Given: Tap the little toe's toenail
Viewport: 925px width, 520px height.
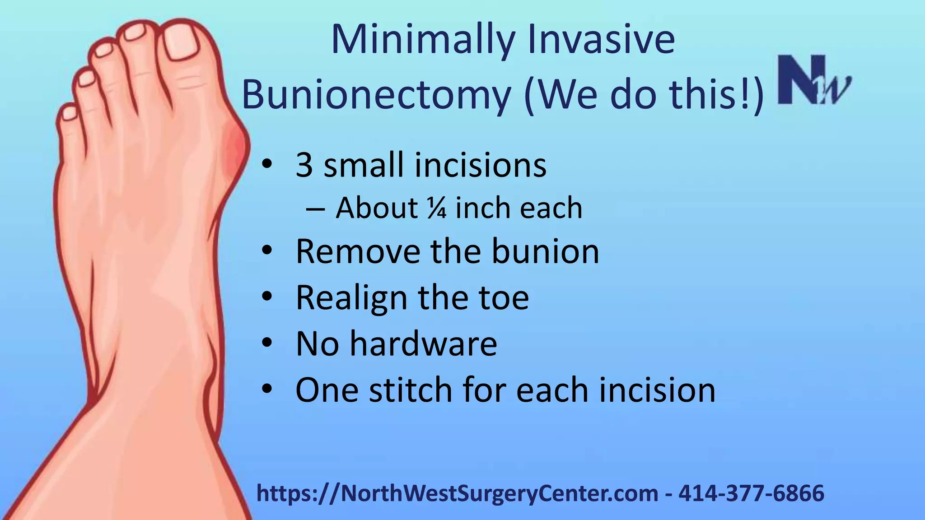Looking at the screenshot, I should coord(69,112).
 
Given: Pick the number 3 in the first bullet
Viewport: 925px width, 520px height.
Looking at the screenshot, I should coord(304,165).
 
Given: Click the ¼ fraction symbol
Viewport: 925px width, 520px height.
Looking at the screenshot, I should coord(436,209).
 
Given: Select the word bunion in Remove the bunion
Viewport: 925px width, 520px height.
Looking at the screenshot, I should coord(545,251).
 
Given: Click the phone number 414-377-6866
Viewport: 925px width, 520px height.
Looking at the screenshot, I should coord(751,493).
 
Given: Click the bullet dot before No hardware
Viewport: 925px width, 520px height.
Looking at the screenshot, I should coord(267,343).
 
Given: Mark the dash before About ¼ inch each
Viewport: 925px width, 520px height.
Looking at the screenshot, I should coord(315,209).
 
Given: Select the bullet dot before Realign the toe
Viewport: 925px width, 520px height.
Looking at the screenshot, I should coord(267,297).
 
